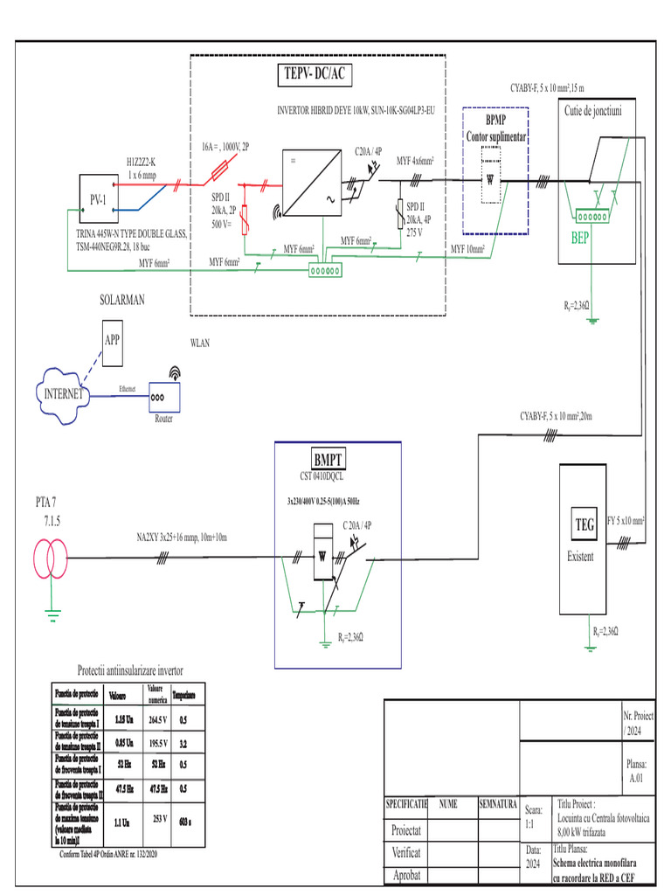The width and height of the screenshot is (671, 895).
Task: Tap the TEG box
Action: (584, 524)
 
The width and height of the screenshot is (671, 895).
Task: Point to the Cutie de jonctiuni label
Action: (593, 110)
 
